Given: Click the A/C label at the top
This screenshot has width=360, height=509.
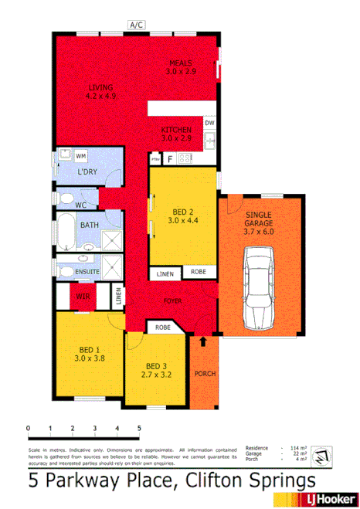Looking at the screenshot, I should pos(137,25).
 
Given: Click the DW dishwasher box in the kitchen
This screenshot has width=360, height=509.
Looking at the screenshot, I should pos(209,123).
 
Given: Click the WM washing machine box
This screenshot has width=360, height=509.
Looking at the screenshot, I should pos(81,156).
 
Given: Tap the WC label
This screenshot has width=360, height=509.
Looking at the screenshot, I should pos(80,205).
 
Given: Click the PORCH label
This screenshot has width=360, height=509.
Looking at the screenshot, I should pos(205,374).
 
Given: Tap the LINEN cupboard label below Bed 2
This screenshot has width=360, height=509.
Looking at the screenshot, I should pos(165,273).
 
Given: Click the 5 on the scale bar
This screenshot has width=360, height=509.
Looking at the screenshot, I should pos(139,427).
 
